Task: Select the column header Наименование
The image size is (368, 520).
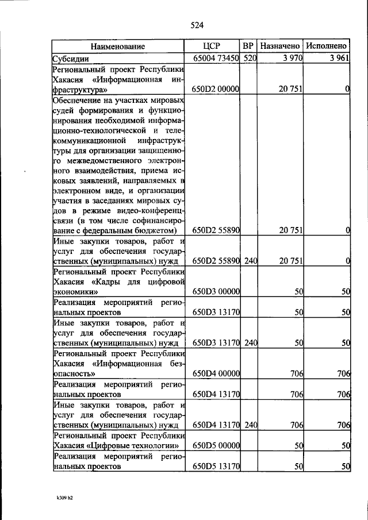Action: point(117,46)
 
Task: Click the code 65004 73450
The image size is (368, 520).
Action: point(216,59)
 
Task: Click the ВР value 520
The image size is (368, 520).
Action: point(249,59)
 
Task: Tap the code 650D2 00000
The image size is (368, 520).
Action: point(216,89)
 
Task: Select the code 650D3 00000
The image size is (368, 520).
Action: point(216,292)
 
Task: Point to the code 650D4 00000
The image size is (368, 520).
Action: point(216,373)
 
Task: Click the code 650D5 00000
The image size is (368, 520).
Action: point(216,445)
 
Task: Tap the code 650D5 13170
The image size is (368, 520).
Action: point(216,467)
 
